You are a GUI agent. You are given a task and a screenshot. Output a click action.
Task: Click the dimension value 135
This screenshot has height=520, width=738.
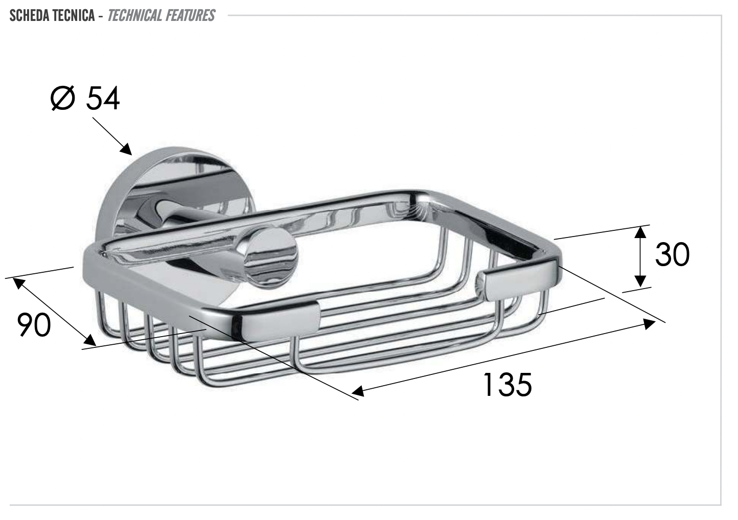pyautogui.click(x=507, y=384)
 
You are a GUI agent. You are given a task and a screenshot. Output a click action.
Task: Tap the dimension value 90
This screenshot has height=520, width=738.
pyautogui.click(x=34, y=325)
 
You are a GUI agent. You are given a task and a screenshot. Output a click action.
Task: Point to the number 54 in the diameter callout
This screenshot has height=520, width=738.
pyautogui.click(x=102, y=98)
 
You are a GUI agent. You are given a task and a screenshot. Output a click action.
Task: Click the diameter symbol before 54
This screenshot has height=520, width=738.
pyautogui.click(x=63, y=98)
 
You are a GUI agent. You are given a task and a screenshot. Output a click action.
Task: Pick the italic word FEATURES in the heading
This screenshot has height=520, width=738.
pyautogui.click(x=189, y=15)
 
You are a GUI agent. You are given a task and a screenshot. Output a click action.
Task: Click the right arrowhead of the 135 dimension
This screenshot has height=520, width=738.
pyautogui.click(x=650, y=323)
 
